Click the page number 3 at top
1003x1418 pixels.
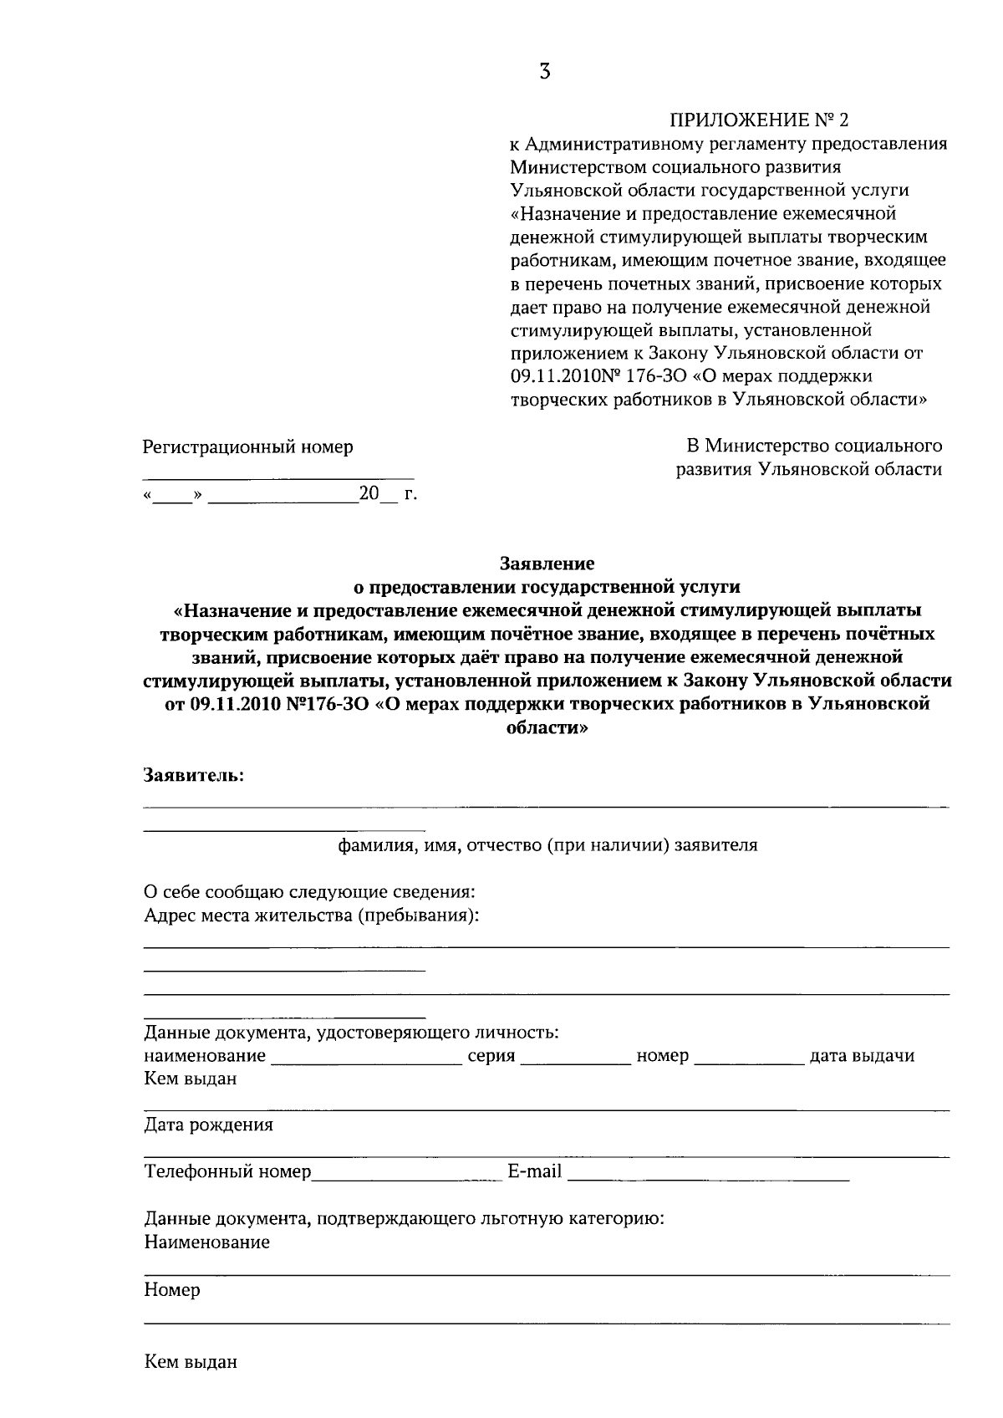pyautogui.click(x=545, y=72)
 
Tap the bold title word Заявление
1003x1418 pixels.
pyautogui.click(x=547, y=564)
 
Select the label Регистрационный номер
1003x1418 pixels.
pyautogui.click(x=247, y=447)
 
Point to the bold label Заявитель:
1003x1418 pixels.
pyautogui.click(x=194, y=775)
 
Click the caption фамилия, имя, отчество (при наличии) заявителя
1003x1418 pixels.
pyautogui.click(x=547, y=845)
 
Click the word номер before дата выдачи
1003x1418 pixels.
pyautogui.click(x=662, y=1056)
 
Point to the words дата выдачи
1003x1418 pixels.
pyautogui.click(x=862, y=1056)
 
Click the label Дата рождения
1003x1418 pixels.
pyautogui.click(x=208, y=1125)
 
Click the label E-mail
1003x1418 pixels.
pyautogui.click(x=534, y=1171)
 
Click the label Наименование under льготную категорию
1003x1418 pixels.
pyautogui.click(x=206, y=1242)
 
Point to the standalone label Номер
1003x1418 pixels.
pyautogui.click(x=172, y=1290)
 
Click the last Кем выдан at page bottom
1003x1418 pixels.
pyautogui.click(x=191, y=1362)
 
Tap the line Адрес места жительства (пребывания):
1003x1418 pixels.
pyautogui.click(x=311, y=916)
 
